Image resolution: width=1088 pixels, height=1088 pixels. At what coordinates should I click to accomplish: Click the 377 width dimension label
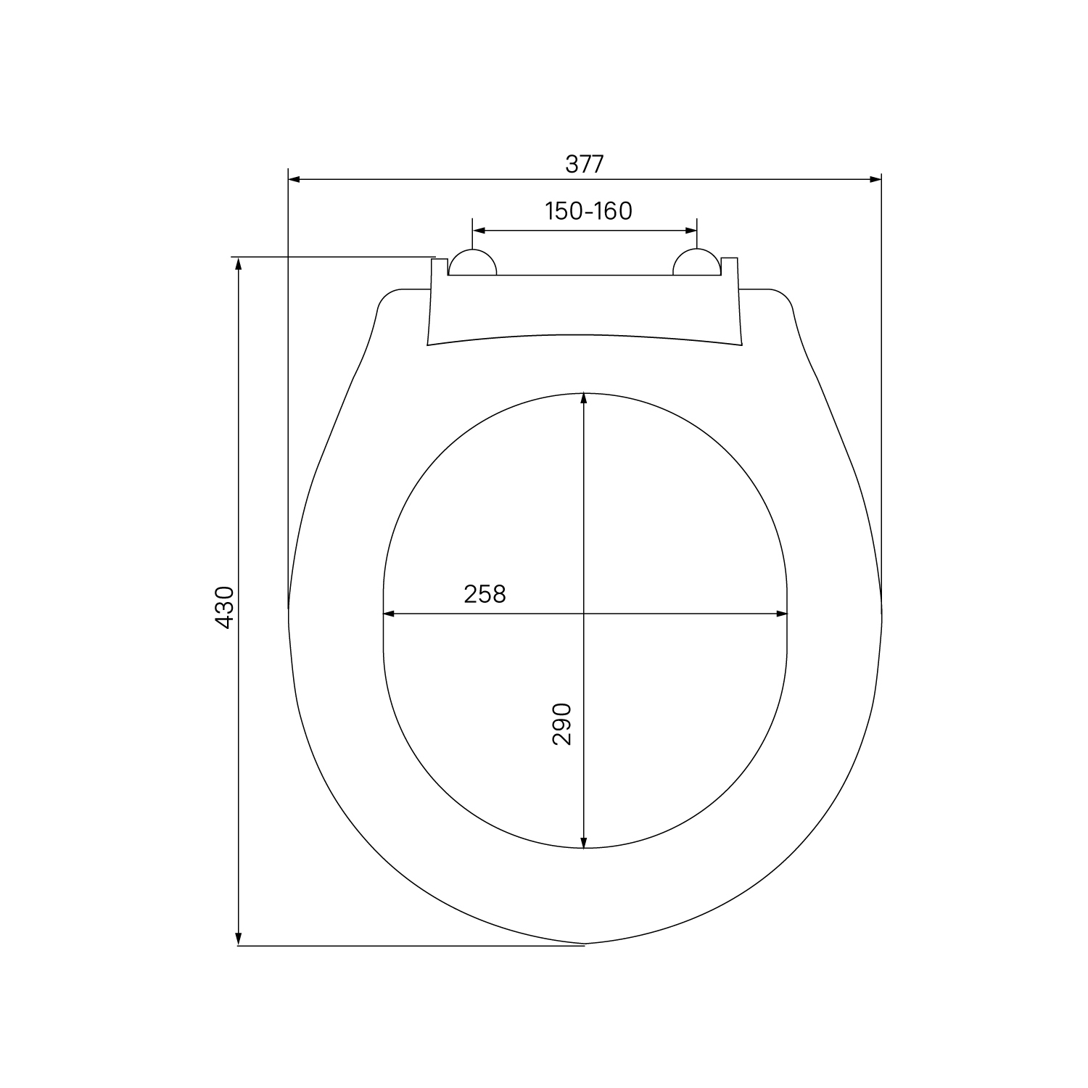click(584, 165)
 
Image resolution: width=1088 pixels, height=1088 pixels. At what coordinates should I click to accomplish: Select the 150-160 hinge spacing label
click(588, 211)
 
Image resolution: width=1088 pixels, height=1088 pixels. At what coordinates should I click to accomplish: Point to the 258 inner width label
click(485, 594)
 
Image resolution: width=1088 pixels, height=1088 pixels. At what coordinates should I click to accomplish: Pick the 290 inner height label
click(563, 723)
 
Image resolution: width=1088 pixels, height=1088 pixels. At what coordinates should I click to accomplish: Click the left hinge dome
click(473, 263)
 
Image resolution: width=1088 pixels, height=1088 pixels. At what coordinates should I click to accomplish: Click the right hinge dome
click(697, 263)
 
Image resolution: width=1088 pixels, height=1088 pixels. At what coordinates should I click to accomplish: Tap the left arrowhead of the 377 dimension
click(294, 178)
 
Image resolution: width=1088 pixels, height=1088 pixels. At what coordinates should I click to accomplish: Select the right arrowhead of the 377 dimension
click(875, 178)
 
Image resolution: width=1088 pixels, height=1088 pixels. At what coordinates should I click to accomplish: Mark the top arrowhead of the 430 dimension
click(238, 263)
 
